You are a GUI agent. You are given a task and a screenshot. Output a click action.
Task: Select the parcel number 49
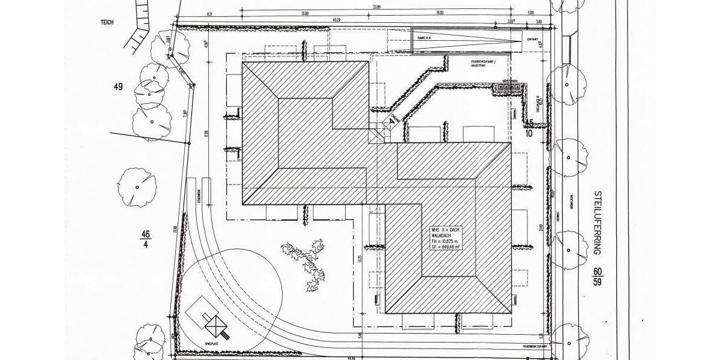[x=118, y=87]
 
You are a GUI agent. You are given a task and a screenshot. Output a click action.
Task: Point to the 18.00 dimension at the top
[x=440, y=13]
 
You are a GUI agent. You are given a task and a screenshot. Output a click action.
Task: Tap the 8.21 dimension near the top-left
[x=209, y=13]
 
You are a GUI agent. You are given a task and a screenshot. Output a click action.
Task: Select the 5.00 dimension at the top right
[x=530, y=13]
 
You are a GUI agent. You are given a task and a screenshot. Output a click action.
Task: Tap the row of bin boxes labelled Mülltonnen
[x=508, y=87]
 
